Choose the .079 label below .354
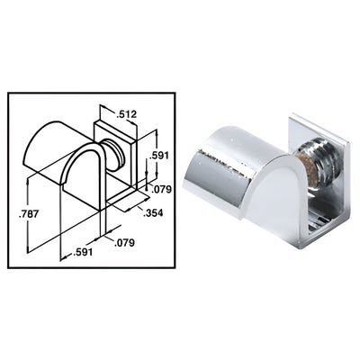click(x=114, y=241)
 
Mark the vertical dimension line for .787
click(x=31, y=216)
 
